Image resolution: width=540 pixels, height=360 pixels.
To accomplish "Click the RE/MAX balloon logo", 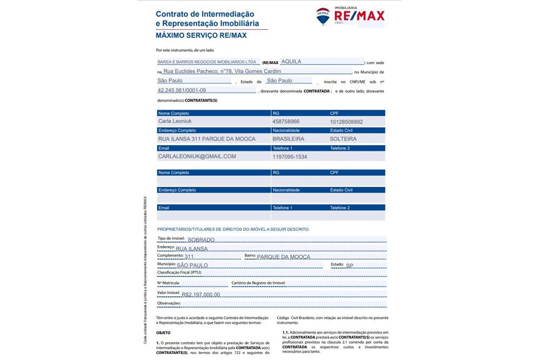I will click(323, 17).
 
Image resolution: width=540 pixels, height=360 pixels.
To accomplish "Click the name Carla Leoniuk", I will click(175, 121).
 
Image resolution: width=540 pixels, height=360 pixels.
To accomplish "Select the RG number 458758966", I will click(286, 121).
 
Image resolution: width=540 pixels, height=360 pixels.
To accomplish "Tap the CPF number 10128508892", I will click(347, 122).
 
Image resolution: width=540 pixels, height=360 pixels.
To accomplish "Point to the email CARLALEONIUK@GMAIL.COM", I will click(197, 157).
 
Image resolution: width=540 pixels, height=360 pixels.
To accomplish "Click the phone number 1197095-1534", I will click(290, 157).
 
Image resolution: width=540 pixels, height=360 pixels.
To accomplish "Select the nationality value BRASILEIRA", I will click(288, 139).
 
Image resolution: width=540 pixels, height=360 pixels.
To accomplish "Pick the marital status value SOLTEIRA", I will click(343, 139).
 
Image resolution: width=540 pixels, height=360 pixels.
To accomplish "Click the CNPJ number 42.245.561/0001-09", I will click(181, 91).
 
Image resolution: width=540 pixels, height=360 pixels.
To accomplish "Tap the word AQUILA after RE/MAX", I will click(292, 62).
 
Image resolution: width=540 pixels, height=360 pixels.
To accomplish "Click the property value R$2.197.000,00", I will click(201, 295).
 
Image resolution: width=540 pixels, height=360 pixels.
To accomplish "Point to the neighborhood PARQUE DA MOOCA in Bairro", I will click(283, 257).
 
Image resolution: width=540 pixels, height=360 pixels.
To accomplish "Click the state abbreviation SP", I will click(349, 266).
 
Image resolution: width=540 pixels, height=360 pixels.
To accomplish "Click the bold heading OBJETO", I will click(163, 332).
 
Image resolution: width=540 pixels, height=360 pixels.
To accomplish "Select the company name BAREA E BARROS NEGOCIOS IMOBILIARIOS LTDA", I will click(207, 62).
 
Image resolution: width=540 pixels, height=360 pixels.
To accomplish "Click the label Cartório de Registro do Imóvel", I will click(258, 283).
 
